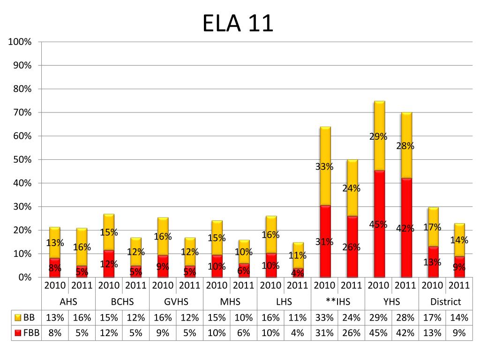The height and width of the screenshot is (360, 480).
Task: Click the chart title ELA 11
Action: pos(238,23)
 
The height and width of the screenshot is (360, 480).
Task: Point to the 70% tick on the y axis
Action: pos(21,112)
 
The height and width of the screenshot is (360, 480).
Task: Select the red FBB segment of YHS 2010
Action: pos(378,248)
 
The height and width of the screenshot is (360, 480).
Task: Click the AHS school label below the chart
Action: pos(68,302)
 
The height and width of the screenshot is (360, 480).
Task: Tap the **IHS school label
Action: pos(337,302)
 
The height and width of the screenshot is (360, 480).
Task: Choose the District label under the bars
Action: pos(445,302)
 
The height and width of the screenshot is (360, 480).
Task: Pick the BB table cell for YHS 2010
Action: pos(378,317)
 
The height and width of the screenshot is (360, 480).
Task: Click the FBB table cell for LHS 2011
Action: pos(297,333)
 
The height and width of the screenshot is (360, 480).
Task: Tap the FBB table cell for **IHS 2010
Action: pos(324,333)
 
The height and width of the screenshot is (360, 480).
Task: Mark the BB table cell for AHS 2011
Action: pos(82,317)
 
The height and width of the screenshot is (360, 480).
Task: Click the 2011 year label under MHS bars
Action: pos(243,285)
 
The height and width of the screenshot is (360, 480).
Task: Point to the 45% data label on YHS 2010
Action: pos(378,224)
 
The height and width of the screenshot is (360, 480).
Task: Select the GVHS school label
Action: pos(176,302)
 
